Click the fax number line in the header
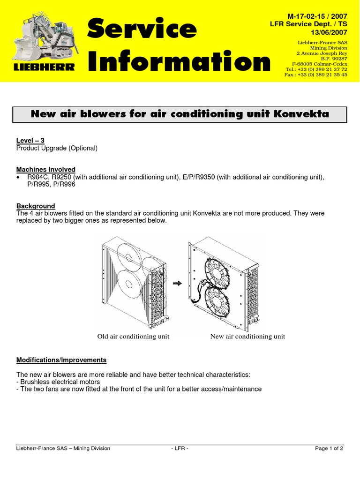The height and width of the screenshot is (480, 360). click(x=316, y=75)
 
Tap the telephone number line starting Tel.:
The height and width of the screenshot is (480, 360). click(x=316, y=69)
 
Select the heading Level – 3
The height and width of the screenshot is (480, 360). click(x=30, y=141)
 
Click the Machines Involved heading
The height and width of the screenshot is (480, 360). click(x=46, y=169)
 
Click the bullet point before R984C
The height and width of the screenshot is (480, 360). click(x=18, y=177)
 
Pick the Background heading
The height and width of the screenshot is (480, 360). click(x=36, y=206)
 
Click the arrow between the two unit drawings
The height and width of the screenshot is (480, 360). click(x=177, y=283)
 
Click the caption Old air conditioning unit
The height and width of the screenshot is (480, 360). click(x=133, y=336)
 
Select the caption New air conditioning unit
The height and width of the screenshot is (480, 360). click(x=247, y=336)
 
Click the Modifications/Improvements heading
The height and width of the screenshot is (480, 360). click(x=61, y=360)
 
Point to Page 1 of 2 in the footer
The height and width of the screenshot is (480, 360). click(x=329, y=448)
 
